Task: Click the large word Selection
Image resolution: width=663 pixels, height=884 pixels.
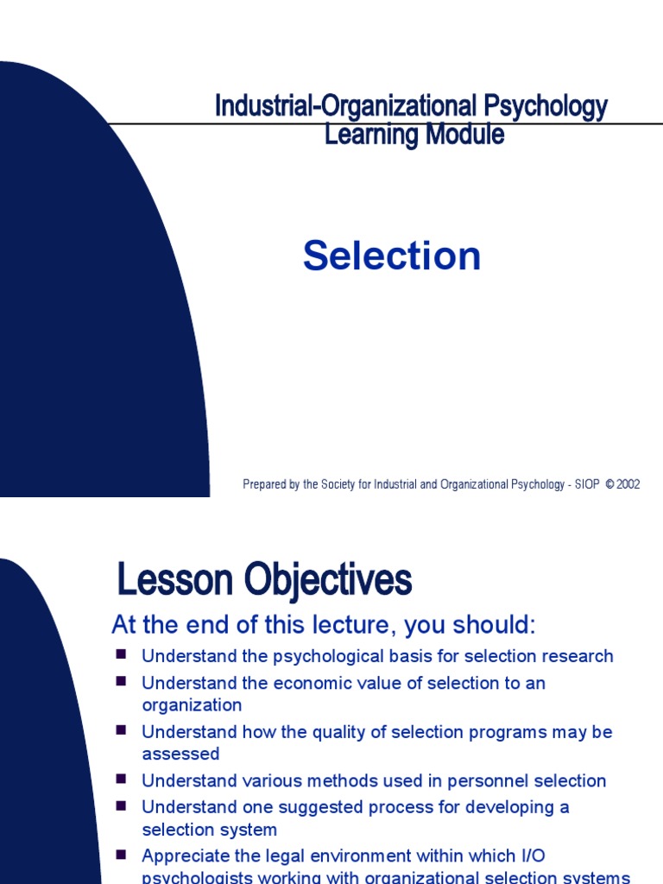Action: pos(391,256)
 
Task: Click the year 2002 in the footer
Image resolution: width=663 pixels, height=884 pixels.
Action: pos(628,485)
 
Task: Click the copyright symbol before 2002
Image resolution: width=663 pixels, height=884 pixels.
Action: pos(609,485)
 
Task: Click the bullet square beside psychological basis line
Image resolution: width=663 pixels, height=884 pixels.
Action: pos(122,655)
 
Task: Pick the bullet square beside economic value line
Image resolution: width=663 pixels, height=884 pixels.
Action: pos(122,682)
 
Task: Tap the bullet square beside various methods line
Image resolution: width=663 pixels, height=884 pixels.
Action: pos(122,780)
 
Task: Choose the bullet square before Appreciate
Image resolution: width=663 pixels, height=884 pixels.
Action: pos(122,855)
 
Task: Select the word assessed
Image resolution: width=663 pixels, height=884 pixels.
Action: pos(180,755)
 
